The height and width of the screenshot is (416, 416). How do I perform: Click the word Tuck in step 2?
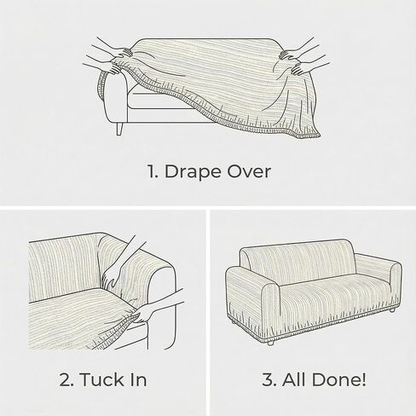click(x=101, y=379)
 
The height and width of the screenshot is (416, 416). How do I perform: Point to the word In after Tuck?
click(x=139, y=379)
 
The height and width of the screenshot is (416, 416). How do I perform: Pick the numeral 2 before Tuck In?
click(x=66, y=379)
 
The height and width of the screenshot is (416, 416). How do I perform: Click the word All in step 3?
click(x=294, y=379)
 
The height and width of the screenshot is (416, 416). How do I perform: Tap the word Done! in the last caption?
click(x=339, y=379)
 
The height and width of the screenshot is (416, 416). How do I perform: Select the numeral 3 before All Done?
click(x=269, y=379)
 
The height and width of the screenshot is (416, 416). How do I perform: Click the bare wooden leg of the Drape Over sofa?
click(x=119, y=129)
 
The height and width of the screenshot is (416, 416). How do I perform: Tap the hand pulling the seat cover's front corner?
click(x=145, y=314)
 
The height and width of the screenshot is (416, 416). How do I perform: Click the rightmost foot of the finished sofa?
click(x=392, y=310)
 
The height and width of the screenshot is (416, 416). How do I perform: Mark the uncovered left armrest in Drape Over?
click(x=116, y=96)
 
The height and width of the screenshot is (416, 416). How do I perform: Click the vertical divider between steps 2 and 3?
click(x=208, y=313)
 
